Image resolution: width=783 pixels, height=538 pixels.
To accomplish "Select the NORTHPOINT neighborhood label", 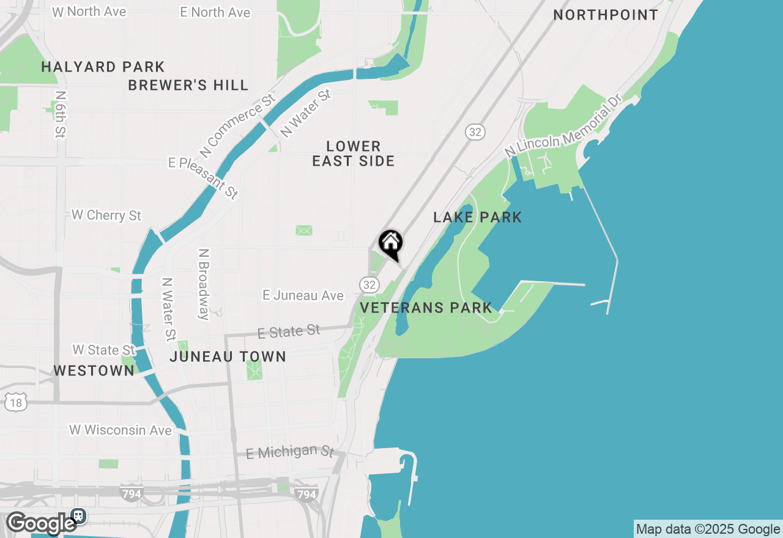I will (x=606, y=15).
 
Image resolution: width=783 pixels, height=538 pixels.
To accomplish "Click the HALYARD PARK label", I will (x=103, y=67).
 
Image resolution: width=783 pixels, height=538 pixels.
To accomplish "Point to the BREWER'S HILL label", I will (x=188, y=85).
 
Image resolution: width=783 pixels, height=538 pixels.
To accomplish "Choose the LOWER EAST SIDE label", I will (x=354, y=153).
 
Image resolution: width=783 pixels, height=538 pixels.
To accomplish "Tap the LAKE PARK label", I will (x=478, y=217).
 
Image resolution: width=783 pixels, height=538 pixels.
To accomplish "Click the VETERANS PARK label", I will (x=426, y=308).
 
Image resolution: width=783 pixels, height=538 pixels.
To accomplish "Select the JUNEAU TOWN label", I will (x=228, y=356).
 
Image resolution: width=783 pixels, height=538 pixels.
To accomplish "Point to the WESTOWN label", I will (x=94, y=370).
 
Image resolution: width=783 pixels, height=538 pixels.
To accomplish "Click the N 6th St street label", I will (x=60, y=114).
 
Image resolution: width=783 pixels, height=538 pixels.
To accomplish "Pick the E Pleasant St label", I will (x=204, y=177).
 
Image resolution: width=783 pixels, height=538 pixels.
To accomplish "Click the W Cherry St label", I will (x=106, y=215).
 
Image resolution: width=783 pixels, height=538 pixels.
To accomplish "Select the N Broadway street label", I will (x=204, y=284).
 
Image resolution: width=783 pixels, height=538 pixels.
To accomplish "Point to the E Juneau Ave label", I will (x=303, y=296).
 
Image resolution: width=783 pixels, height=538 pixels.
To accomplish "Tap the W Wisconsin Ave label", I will (x=120, y=430).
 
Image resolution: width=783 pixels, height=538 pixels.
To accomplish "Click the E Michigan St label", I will (x=290, y=452).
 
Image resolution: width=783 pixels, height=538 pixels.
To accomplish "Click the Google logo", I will (x=41, y=523).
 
